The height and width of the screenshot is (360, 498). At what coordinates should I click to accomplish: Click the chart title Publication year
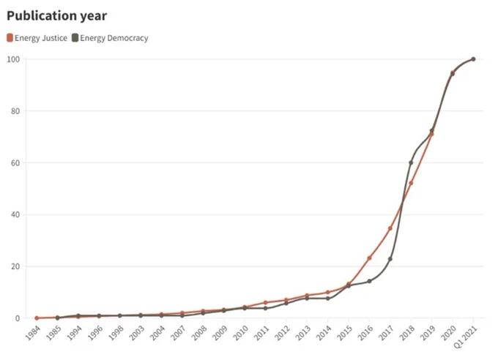57,16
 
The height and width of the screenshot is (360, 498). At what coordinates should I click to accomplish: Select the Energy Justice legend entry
37,38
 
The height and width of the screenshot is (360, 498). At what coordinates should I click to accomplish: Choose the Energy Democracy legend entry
110,38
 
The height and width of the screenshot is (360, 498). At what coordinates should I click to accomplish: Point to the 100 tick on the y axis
14,59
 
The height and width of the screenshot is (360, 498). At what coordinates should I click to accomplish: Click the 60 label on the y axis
15,163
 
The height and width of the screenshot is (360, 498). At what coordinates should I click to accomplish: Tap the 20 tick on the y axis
15,266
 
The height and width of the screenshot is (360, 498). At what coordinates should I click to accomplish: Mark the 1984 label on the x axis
33,332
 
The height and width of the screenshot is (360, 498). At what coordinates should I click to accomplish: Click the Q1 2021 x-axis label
466,337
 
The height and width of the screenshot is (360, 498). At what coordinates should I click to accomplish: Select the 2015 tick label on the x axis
345,332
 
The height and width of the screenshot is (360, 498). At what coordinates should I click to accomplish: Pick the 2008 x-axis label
199,332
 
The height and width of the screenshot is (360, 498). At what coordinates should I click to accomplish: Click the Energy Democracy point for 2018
411,162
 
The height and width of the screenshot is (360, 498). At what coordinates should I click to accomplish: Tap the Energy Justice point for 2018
411,183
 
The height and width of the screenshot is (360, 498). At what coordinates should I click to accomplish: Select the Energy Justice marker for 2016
369,258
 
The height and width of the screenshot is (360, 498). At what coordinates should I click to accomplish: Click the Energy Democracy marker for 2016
369,281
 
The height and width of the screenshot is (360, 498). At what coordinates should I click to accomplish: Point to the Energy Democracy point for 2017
390,259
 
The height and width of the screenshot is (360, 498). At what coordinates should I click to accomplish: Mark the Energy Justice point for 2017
390,228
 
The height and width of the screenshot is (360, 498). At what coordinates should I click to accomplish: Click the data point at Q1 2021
473,59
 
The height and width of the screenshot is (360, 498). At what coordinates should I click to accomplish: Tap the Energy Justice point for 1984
37,318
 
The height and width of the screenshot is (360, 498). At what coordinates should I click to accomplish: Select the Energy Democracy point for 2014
328,299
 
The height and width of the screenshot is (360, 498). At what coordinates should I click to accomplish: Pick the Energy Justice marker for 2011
266,302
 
